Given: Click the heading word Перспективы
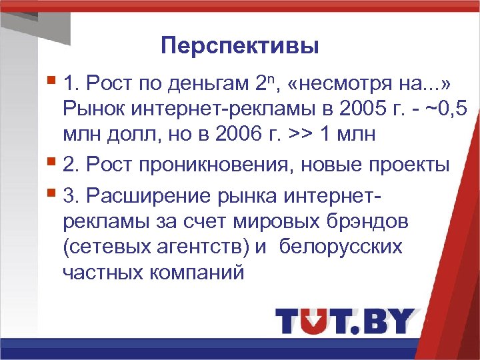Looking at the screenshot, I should click(240, 47).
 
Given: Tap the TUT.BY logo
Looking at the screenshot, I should click(345, 320).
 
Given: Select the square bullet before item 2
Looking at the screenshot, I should click(53, 163).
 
